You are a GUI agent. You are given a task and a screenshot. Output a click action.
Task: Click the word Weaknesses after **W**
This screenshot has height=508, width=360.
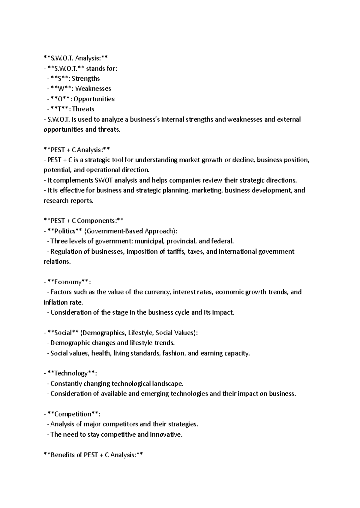93,89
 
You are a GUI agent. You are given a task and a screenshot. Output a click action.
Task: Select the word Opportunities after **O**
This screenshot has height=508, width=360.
94,99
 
